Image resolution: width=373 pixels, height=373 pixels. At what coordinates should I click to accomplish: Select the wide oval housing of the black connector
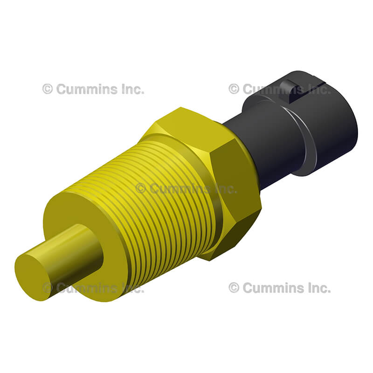pos(322,131)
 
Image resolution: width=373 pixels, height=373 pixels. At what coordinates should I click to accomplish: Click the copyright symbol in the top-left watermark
pos(48,89)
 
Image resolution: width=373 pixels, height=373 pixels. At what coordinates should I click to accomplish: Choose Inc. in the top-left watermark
pos(132,89)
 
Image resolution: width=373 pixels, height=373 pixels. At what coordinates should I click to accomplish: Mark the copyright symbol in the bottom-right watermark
pos(234,288)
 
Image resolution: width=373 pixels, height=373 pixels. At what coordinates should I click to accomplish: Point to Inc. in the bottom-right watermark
pos(319,288)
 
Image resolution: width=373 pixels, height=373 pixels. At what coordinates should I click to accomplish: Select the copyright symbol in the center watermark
pos(141,188)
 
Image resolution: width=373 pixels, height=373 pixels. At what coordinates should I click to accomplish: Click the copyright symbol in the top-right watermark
pos(234,89)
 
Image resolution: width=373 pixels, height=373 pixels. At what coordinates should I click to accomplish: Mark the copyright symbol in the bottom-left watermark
pos(48,288)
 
